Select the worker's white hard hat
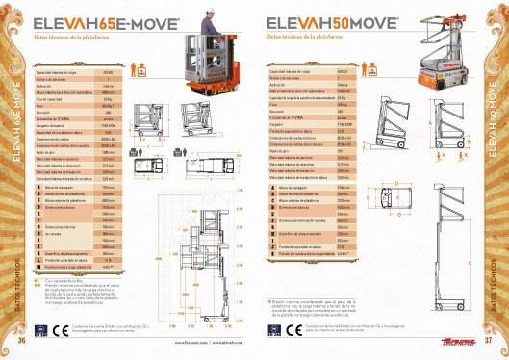(x=206, y=13)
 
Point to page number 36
(x=20, y=339)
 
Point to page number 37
(x=489, y=339)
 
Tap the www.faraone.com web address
(x=189, y=342)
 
